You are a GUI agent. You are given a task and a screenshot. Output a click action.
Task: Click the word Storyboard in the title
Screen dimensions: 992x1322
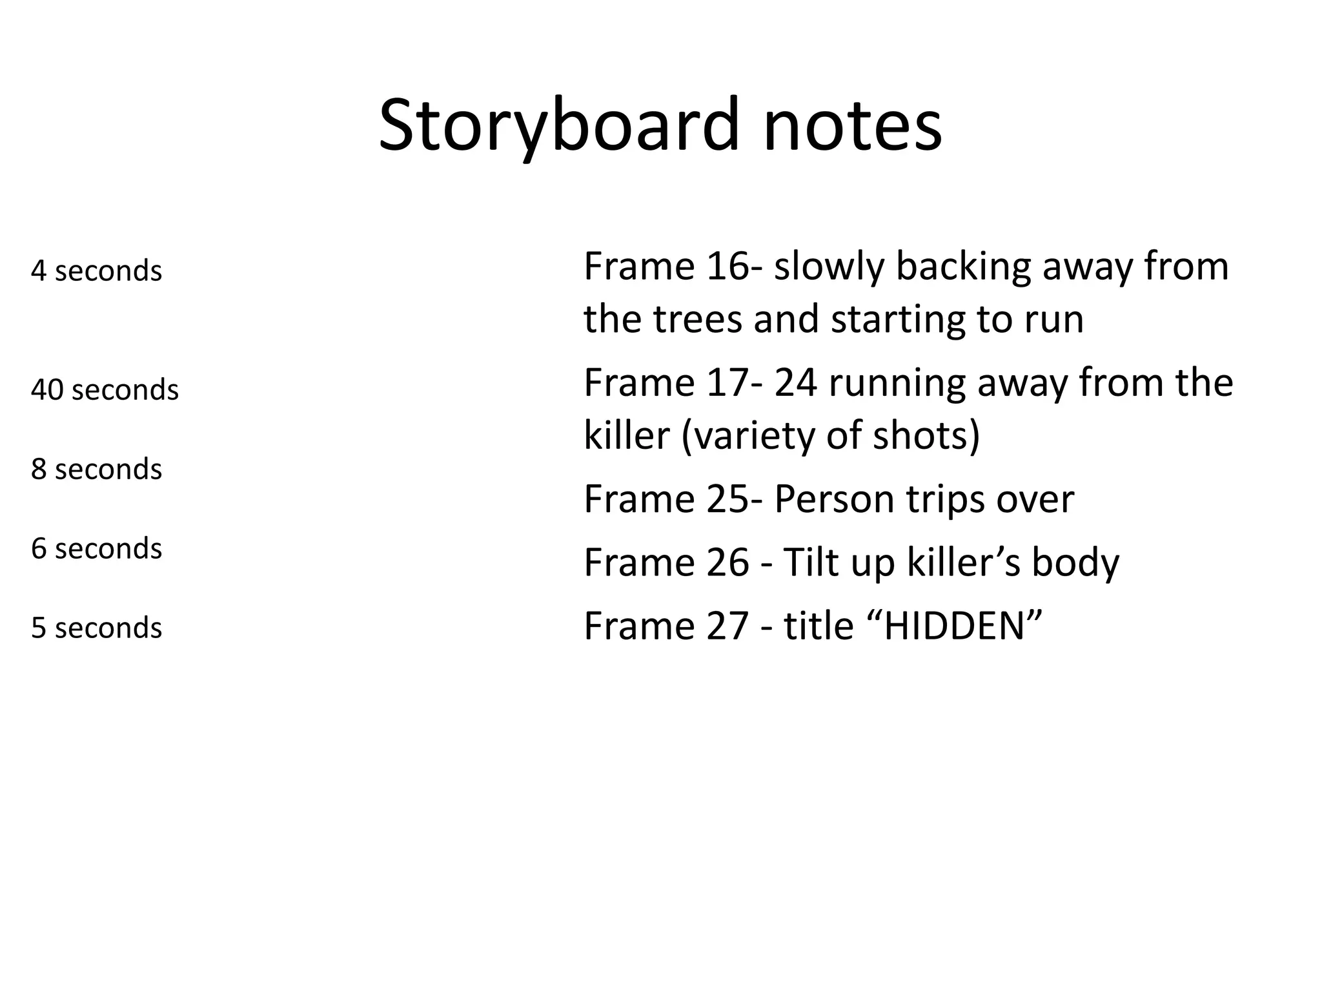[558, 125]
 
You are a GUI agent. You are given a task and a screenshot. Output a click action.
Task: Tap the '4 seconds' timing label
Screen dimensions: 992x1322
[96, 271]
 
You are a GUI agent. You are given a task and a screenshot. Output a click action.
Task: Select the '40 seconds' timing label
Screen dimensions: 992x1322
[105, 390]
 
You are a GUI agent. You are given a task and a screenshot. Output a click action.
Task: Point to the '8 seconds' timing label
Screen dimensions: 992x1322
[96, 469]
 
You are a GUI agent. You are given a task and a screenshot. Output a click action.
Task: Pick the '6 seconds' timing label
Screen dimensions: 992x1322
[96, 548]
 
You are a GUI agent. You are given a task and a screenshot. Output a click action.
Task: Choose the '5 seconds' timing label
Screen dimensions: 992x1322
[96, 628]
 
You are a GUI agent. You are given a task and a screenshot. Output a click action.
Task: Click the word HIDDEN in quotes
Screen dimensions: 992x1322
[954, 626]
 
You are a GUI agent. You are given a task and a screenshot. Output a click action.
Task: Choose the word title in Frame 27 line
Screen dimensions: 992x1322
[819, 626]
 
